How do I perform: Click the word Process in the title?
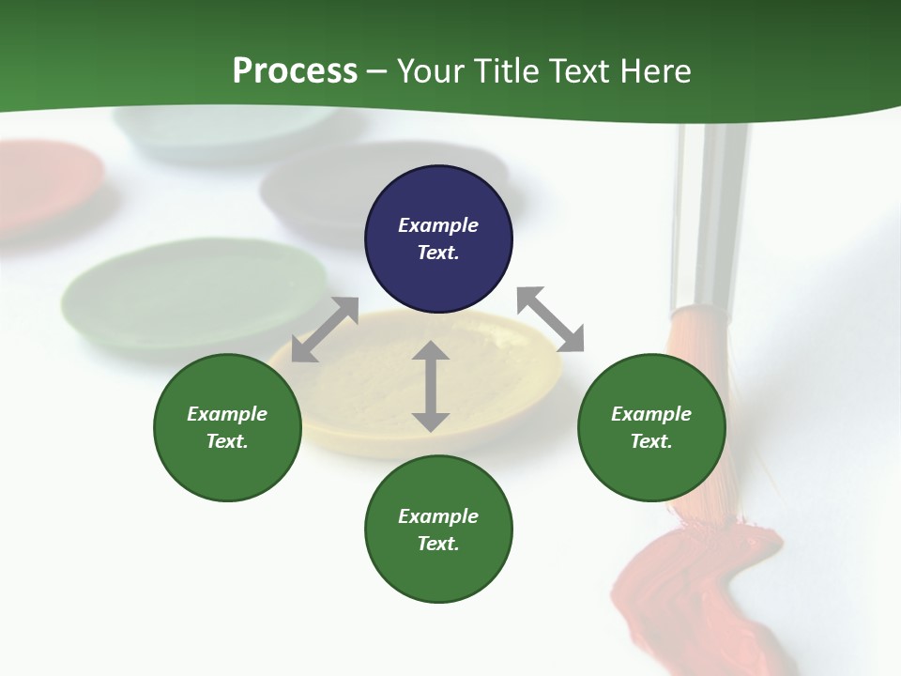295,71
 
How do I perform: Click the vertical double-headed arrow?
431,386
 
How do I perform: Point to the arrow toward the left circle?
325,330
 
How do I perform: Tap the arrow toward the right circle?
551,319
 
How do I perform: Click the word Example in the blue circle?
438,225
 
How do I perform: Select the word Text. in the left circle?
227,441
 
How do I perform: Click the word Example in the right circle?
651,414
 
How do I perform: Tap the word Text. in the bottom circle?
438,544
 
